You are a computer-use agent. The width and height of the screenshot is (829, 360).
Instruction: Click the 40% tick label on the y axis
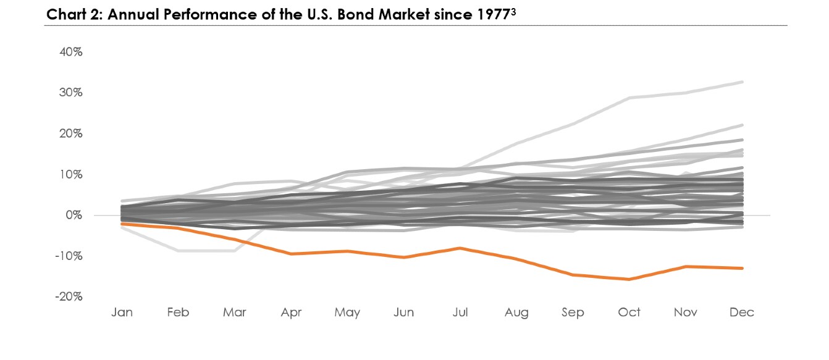click(x=70, y=52)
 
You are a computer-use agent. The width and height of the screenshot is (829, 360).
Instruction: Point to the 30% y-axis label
click(x=70, y=93)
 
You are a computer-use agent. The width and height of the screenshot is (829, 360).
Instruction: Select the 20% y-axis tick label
click(x=70, y=133)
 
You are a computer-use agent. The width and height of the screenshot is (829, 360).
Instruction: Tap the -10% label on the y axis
click(x=69, y=256)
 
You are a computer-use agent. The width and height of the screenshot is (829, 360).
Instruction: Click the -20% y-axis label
click(x=69, y=296)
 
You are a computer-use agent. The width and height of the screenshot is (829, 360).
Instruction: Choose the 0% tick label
click(x=74, y=215)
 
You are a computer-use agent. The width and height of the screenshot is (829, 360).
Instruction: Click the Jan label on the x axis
click(x=122, y=312)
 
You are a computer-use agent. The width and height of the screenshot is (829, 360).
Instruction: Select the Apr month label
click(x=291, y=312)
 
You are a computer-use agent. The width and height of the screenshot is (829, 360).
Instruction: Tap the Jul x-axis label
click(x=460, y=312)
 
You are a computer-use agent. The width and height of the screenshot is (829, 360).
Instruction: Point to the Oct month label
click(x=629, y=312)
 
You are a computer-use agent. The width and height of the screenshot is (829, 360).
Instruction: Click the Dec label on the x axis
click(x=742, y=312)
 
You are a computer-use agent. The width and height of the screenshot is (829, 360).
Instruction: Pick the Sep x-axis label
click(x=573, y=312)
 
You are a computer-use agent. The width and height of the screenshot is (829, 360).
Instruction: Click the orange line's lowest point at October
click(x=629, y=279)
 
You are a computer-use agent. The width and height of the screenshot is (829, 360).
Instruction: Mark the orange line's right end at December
click(x=742, y=268)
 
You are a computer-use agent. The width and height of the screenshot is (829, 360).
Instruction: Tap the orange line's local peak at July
click(x=460, y=248)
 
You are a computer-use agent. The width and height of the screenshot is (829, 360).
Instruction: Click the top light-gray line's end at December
click(x=742, y=82)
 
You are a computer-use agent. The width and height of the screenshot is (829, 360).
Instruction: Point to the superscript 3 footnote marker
click(x=513, y=12)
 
